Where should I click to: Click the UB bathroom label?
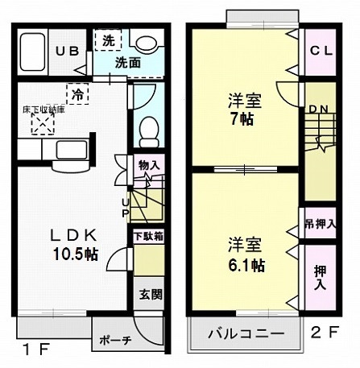(67, 51)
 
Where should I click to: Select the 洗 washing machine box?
(106, 39)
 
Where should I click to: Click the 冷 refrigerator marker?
(77, 94)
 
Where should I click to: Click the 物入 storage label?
(149, 166)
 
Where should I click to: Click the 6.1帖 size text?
(246, 263)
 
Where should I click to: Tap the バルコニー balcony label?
(245, 333)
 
